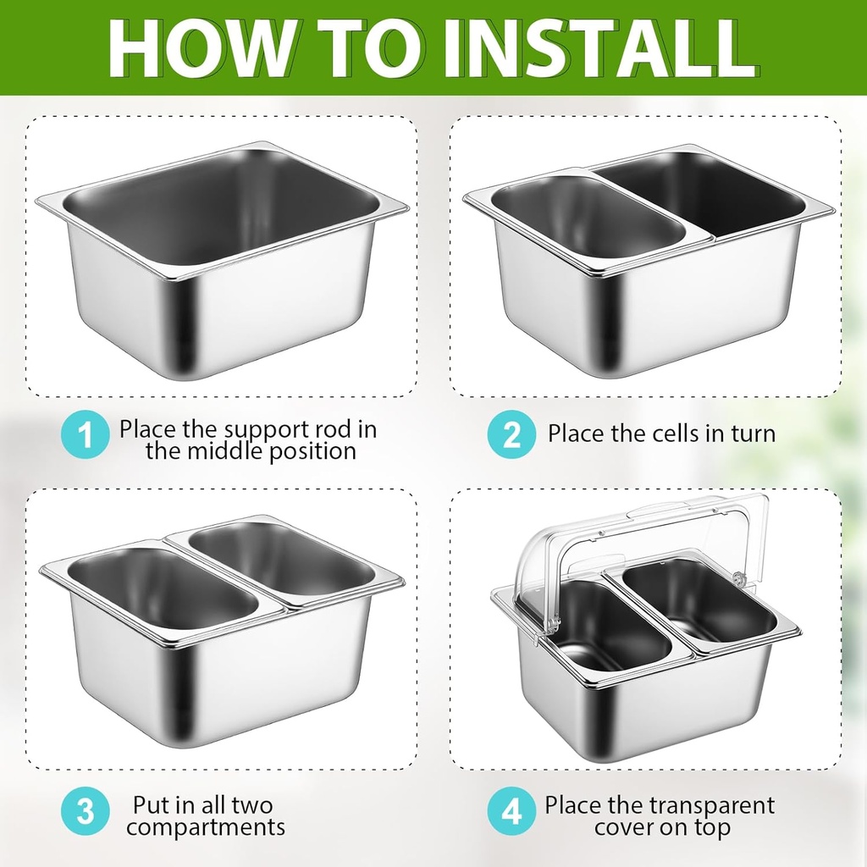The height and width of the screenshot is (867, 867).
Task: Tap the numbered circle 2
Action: (x=511, y=435)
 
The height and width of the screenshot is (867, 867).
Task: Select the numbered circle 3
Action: (x=86, y=813)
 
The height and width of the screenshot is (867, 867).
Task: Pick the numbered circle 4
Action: (x=511, y=813)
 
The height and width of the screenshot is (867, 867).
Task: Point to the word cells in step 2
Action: (x=685, y=434)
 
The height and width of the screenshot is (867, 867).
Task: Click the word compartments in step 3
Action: (x=206, y=827)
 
